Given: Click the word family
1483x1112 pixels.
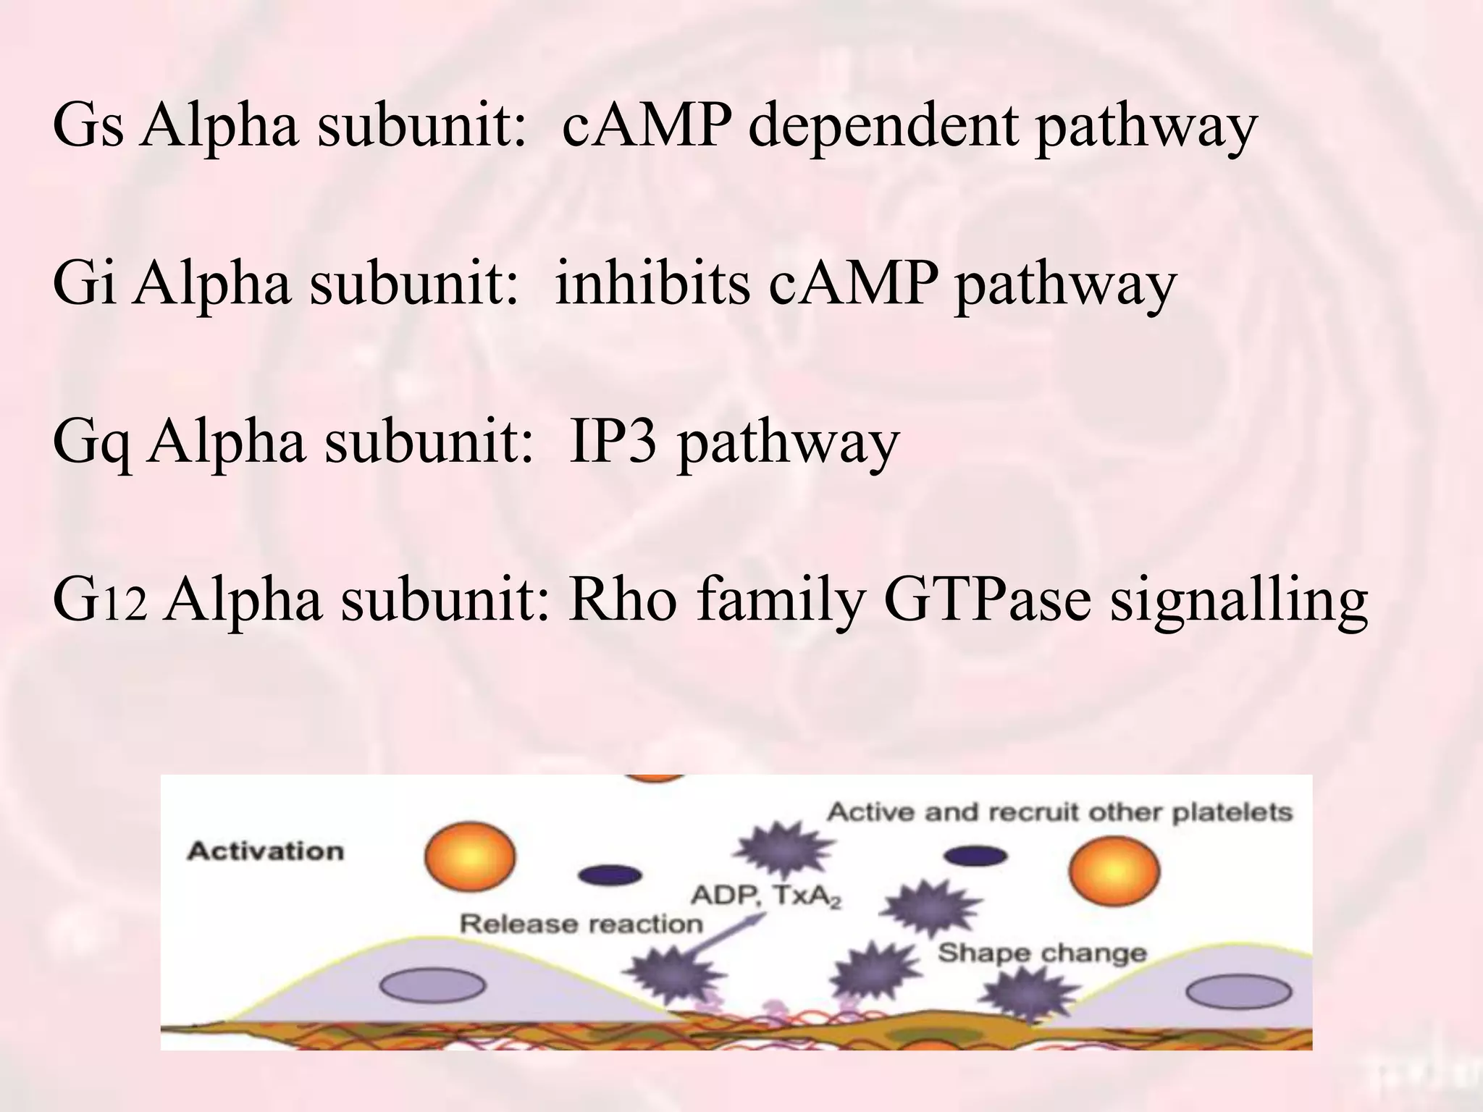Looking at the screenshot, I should (780, 601).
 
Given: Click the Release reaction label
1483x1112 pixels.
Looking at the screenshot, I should (581, 924).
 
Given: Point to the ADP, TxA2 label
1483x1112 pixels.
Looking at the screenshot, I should (766, 897).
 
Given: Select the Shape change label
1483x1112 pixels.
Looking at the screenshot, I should (1042, 953).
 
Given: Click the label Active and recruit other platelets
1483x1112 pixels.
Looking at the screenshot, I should (1059, 812).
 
